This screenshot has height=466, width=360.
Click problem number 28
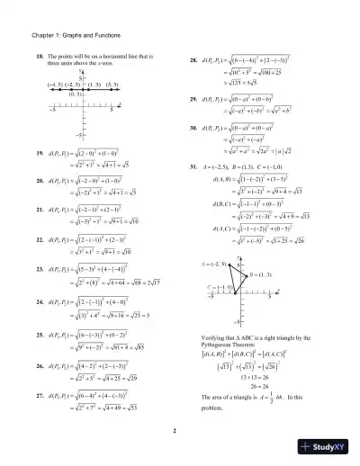coord(193,60)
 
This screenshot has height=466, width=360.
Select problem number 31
coord(193,167)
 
